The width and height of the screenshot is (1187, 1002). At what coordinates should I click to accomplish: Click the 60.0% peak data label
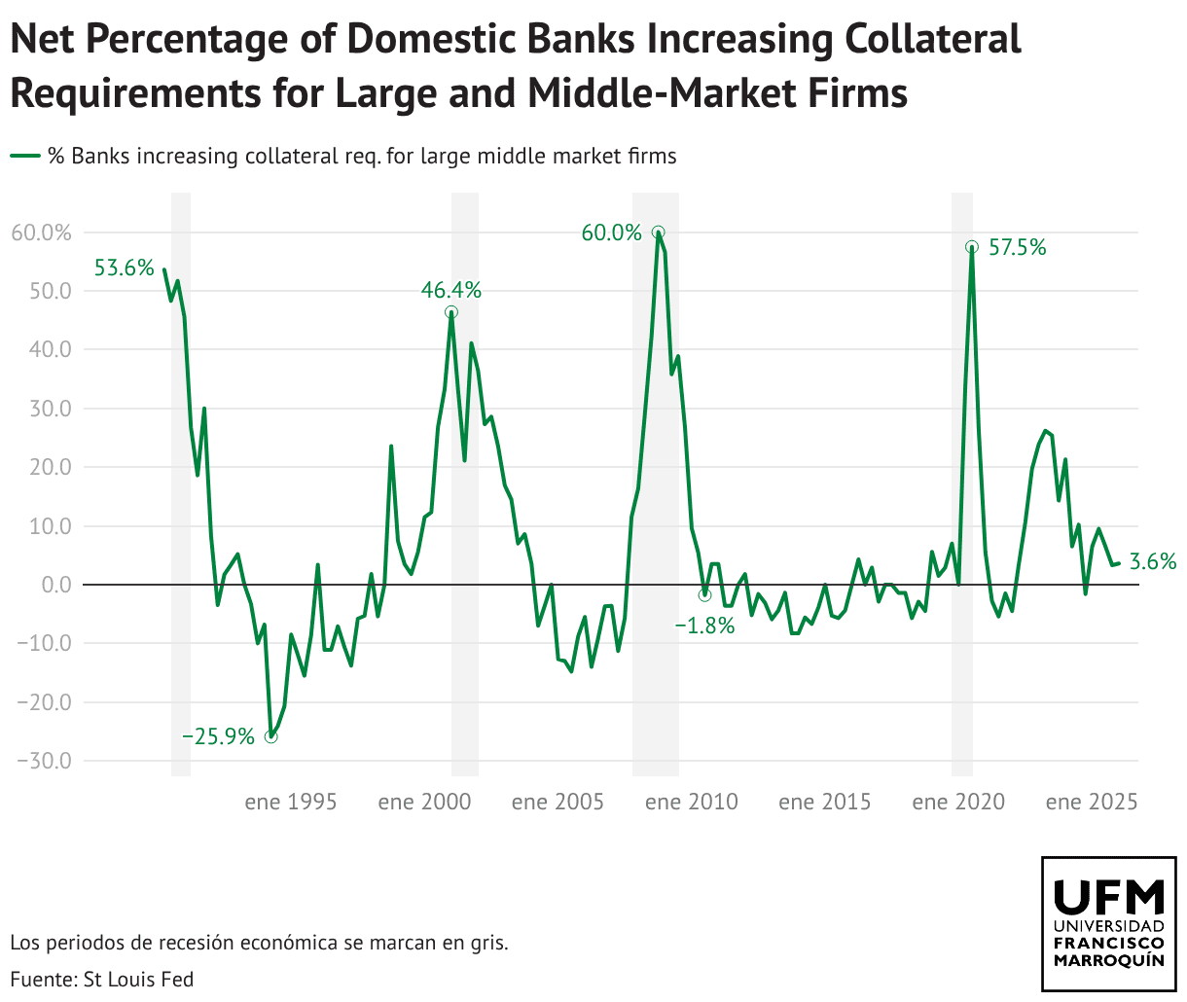(611, 233)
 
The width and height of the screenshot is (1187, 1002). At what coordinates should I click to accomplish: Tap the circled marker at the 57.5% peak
(971, 247)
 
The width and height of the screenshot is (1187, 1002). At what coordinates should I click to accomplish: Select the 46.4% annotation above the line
(450, 290)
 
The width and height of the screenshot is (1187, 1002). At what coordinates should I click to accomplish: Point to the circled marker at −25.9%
(270, 736)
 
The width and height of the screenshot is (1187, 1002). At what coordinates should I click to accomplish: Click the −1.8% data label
(704, 626)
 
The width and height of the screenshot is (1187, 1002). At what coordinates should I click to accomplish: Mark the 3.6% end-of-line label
(1153, 561)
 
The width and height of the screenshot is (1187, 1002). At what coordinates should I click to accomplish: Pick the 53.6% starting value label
(125, 268)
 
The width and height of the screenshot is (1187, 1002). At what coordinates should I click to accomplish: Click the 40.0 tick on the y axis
(45, 350)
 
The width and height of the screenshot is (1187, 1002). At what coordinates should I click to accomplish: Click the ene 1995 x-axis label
(291, 803)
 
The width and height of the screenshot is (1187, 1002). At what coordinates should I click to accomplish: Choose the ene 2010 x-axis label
(691, 803)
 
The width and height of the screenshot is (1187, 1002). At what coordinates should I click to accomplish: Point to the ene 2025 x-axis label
(1092, 803)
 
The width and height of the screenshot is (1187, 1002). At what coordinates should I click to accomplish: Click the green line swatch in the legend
(25, 156)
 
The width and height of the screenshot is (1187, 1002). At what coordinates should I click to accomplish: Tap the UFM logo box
(1108, 923)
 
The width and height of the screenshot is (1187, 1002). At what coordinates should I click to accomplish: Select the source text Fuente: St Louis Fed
(102, 980)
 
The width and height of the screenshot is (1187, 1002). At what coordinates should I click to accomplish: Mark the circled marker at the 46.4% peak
(451, 312)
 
